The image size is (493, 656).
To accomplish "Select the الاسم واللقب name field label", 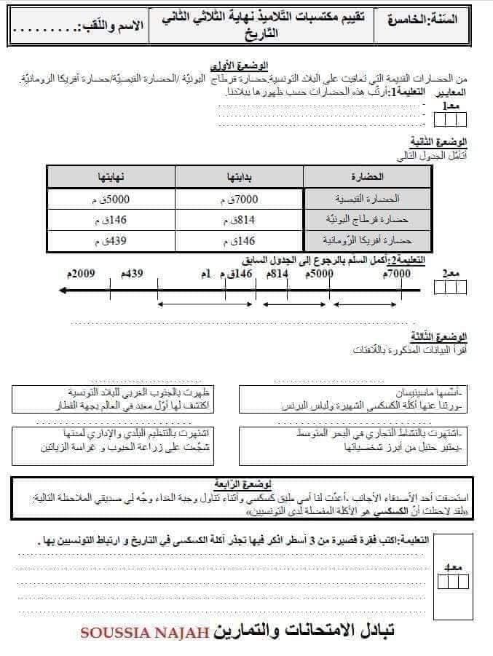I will coord(109,25).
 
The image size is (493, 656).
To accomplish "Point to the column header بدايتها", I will coord(237,177).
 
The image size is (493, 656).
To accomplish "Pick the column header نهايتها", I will coord(110,177).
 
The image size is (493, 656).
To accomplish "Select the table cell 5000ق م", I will coord(111,198).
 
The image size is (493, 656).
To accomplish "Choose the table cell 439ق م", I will coord(111,239).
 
